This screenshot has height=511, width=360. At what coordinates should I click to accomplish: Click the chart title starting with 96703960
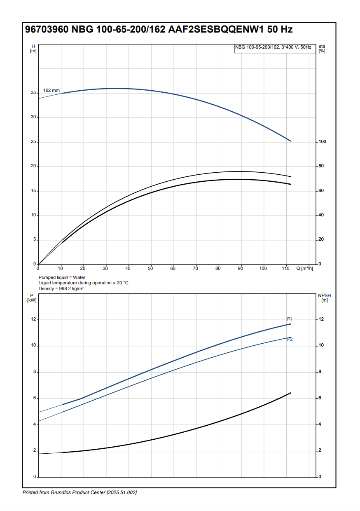pyautogui.click(x=159, y=30)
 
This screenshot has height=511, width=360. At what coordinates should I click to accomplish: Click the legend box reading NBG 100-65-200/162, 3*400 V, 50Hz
pyautogui.click(x=273, y=48)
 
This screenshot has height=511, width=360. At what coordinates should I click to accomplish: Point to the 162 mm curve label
pyautogui.click(x=51, y=90)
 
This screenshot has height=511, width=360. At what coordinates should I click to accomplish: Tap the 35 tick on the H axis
pyautogui.click(x=34, y=93)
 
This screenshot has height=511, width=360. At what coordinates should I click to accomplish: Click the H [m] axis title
pyautogui.click(x=33, y=49)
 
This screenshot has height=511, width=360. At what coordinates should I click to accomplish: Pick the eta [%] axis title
pyautogui.click(x=322, y=49)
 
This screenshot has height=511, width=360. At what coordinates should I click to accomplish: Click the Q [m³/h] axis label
pyautogui.click(x=304, y=269)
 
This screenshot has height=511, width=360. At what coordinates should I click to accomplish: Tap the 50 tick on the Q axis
pyautogui.click(x=150, y=269)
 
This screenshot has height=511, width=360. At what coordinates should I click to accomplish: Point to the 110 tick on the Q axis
pyautogui.click(x=285, y=269)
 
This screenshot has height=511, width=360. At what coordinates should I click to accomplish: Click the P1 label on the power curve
pyautogui.click(x=290, y=319)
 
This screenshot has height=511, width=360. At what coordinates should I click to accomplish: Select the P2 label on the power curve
pyautogui.click(x=290, y=339)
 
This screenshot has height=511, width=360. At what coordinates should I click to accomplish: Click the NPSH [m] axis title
pyautogui.click(x=324, y=298)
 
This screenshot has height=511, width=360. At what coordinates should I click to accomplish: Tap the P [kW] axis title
pyautogui.click(x=32, y=298)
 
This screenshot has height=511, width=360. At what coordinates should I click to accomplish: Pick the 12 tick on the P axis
pyautogui.click(x=34, y=320)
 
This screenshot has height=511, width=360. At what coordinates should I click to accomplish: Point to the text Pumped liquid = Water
pyautogui.click(x=62, y=278)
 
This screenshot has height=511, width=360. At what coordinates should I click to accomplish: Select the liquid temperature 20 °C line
pyautogui.click(x=84, y=283)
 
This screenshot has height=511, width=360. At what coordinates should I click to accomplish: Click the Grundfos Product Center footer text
pyautogui.click(x=79, y=493)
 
